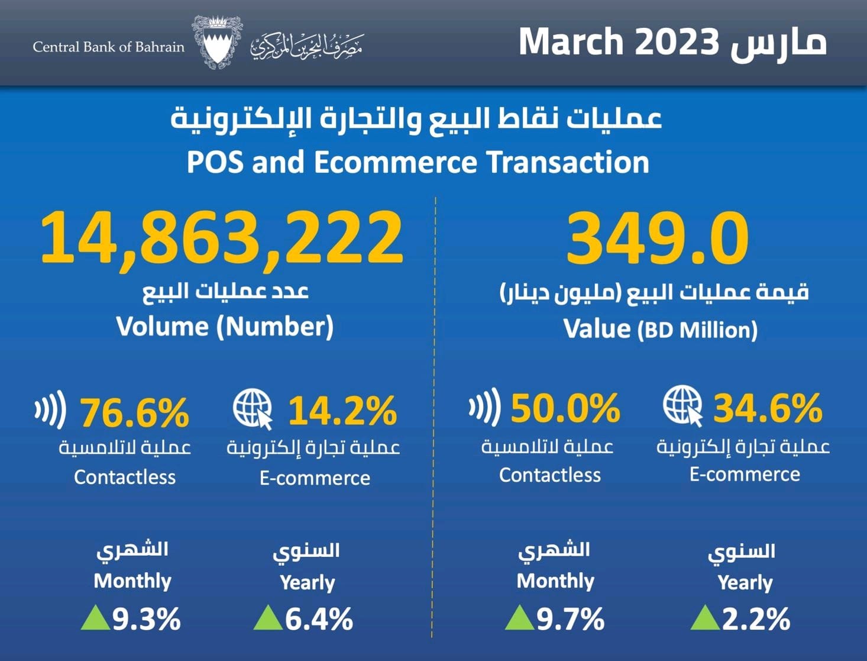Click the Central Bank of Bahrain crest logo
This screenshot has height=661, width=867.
point(216,43)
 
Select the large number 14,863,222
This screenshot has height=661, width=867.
point(222,238)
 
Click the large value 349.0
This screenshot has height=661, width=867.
point(658,238)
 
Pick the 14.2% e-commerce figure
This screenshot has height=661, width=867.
point(342,411)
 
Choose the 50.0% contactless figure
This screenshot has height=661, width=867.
point(565,408)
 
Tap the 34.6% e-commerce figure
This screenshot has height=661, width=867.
point(768,408)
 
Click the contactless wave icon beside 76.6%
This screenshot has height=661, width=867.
point(51,409)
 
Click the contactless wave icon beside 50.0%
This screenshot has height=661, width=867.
point(485,407)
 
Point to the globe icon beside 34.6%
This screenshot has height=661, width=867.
point(682,405)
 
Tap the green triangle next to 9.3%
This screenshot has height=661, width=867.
point(95,618)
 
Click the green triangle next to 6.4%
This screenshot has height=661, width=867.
point(267,618)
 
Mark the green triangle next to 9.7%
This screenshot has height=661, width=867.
point(519,618)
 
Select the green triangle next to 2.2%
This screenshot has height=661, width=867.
point(704,618)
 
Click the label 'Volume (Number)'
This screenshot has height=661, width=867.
point(225,327)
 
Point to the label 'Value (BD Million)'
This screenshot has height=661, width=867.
point(660,330)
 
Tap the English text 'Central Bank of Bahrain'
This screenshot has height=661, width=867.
point(109,47)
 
